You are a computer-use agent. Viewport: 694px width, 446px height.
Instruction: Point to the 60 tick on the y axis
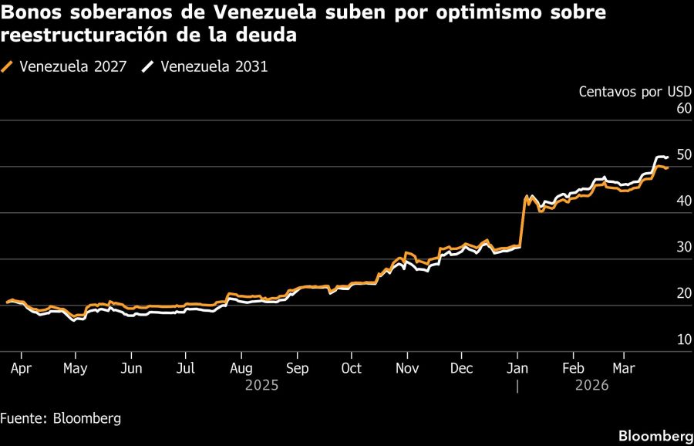(x=684, y=109)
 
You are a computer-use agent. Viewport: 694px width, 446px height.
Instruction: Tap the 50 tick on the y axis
(x=684, y=155)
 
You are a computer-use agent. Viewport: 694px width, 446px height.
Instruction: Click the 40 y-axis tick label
(x=684, y=201)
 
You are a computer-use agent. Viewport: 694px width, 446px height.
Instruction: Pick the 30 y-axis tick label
(x=684, y=248)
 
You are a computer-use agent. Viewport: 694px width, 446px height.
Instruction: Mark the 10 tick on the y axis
(x=684, y=340)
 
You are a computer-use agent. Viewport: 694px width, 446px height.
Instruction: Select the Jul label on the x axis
(x=186, y=368)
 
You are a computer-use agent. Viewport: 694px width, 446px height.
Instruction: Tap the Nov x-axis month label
(x=406, y=368)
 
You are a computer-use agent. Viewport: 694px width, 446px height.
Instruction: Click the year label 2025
(x=261, y=384)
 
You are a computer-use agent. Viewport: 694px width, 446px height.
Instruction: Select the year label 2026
(x=592, y=384)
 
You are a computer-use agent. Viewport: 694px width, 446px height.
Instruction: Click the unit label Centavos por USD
(x=635, y=92)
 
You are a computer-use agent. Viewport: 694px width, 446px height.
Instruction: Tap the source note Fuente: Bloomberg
(x=61, y=418)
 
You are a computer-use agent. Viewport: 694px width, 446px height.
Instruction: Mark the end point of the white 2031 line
(x=667, y=157)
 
